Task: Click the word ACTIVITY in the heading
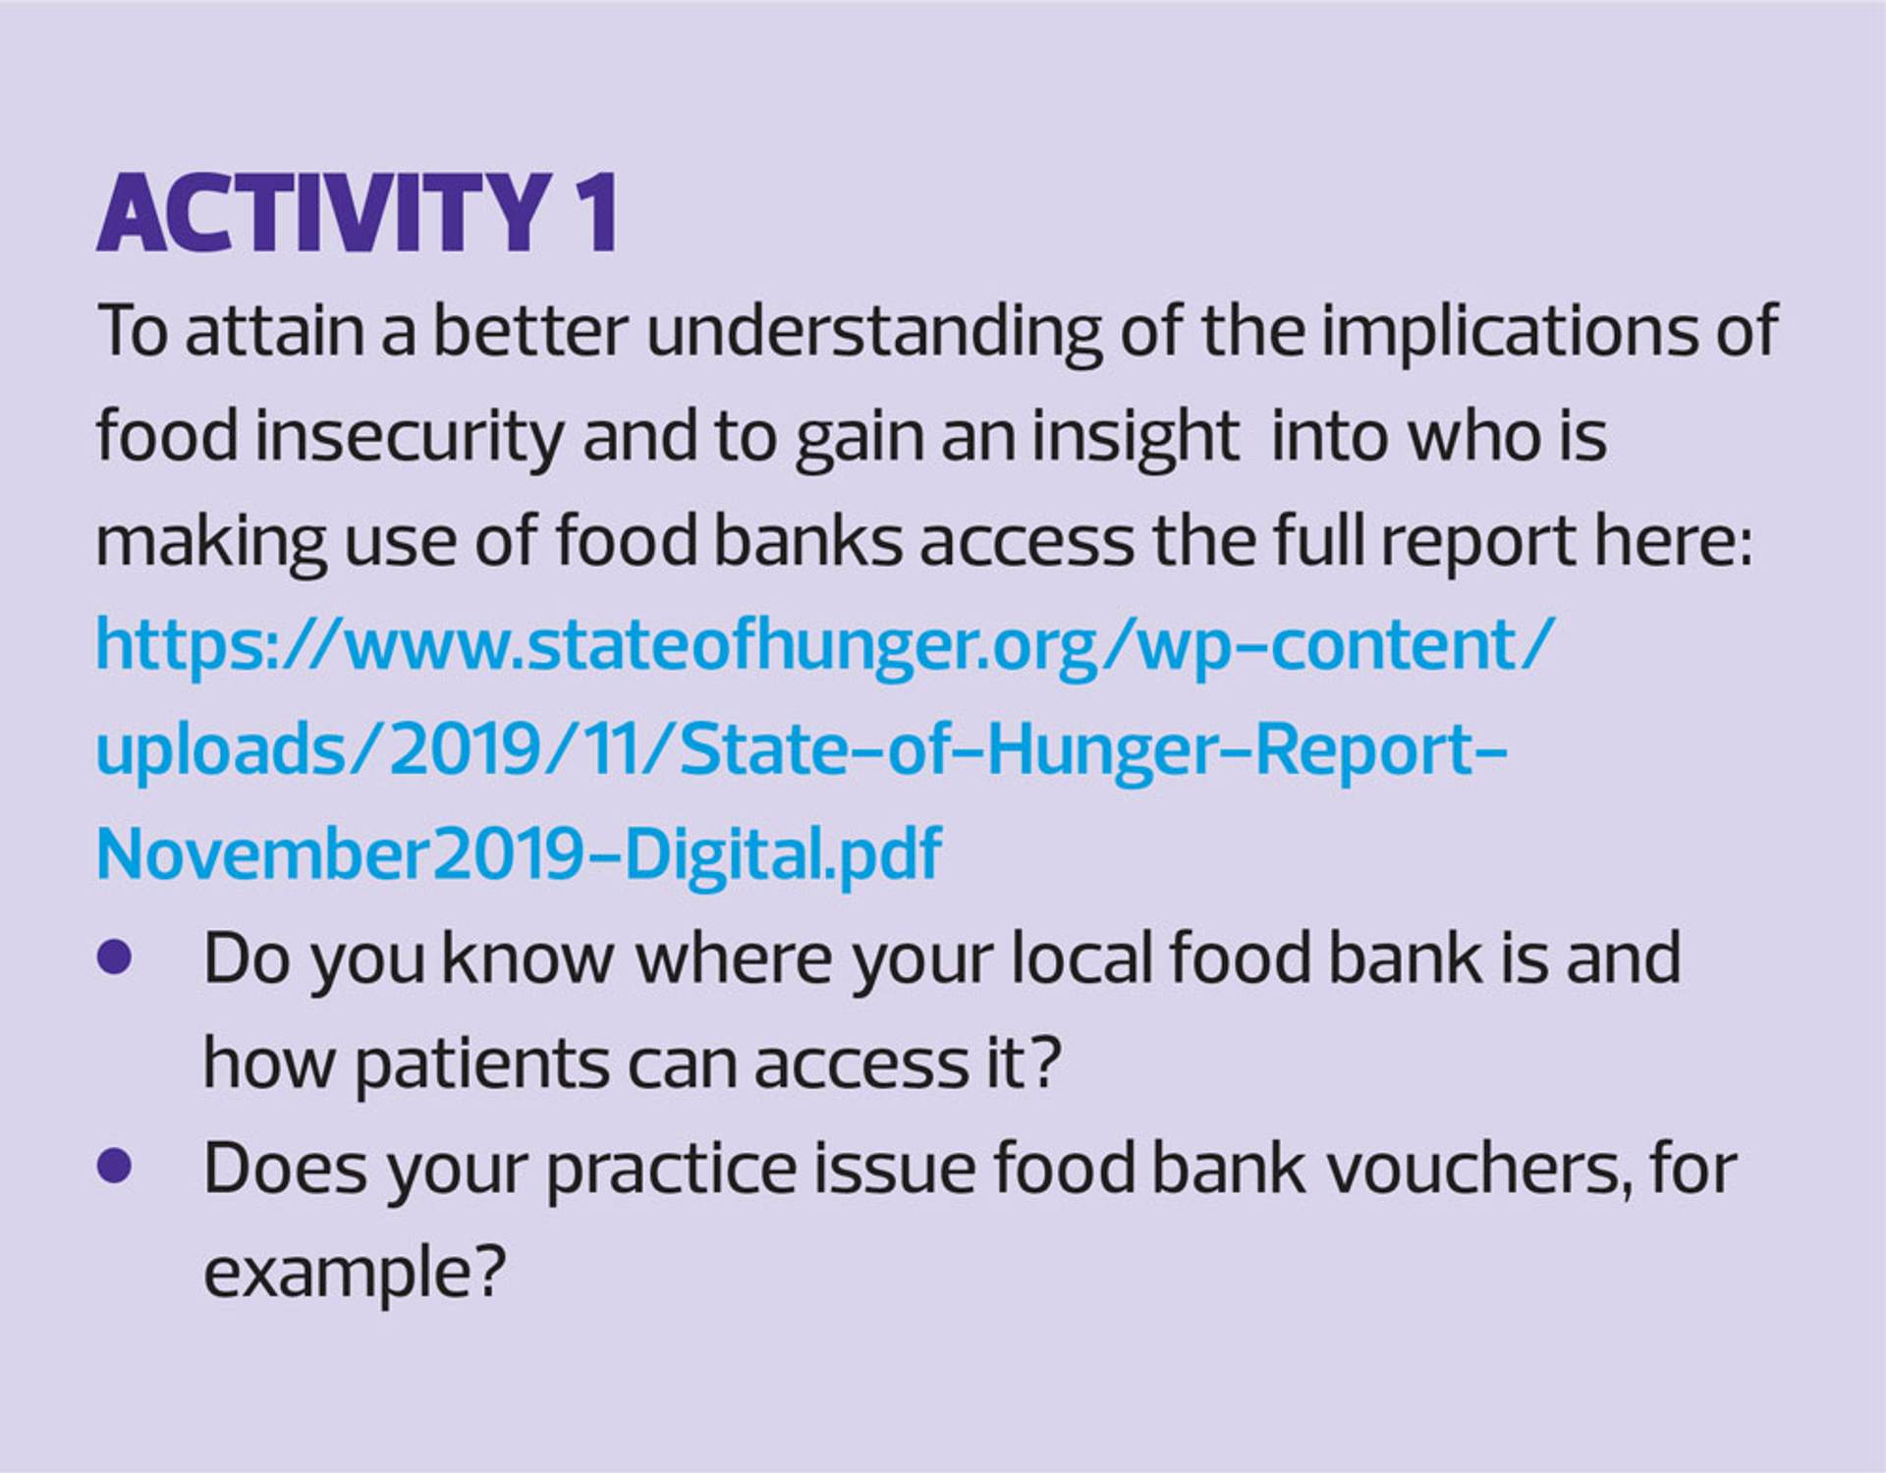tap(323, 213)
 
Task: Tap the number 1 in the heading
tap(595, 213)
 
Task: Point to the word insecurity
tap(411, 437)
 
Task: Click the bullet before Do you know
tap(115, 956)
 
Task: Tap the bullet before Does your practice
tap(115, 1167)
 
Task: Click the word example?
tap(355, 1275)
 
